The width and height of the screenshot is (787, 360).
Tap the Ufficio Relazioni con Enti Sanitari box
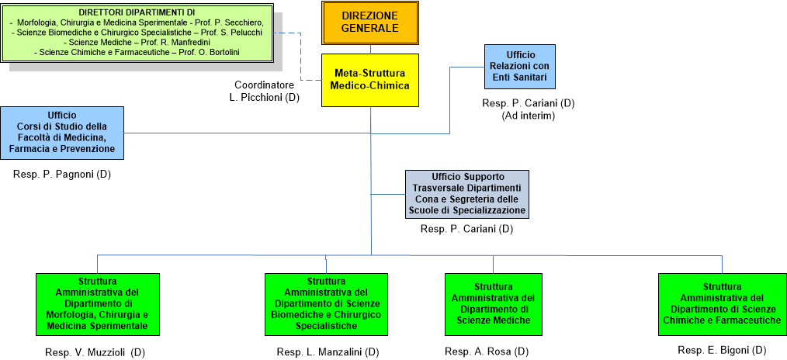point(519,67)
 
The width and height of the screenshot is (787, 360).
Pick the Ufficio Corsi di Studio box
point(61,132)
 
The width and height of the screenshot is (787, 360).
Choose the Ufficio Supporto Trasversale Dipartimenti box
point(466,194)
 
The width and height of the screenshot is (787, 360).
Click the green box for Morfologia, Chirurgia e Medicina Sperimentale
point(98,305)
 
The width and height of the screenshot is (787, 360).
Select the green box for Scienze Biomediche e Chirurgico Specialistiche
point(326,305)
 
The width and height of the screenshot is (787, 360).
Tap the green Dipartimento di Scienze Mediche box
point(493,303)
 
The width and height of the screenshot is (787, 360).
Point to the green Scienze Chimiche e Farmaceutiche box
point(722,303)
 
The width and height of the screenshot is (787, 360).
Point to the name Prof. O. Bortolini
point(213,52)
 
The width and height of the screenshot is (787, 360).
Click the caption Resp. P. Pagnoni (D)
point(62,175)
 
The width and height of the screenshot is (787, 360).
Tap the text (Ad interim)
point(528,116)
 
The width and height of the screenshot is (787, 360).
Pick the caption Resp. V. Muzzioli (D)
point(95,352)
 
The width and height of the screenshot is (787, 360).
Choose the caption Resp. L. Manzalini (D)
point(328,352)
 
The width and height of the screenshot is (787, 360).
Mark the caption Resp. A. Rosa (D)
point(487,351)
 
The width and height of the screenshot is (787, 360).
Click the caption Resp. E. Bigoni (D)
point(722,350)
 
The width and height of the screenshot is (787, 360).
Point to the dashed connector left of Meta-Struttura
point(301,56)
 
